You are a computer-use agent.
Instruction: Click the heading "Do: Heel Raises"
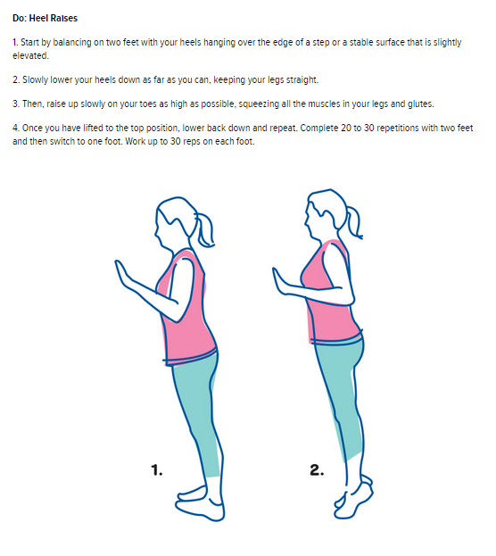pos(45,18)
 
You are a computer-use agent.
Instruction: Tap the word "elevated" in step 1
pos(29,55)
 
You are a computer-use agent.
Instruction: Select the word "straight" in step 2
pos(302,79)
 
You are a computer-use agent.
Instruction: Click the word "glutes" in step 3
pos(420,104)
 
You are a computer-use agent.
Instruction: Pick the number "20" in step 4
pos(345,128)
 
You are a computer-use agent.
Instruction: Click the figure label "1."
pos(157,470)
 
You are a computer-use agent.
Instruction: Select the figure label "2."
pos(317,469)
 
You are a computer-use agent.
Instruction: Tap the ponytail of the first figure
pos(204,229)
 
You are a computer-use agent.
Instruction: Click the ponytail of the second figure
pos(353,222)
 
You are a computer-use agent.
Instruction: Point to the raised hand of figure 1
pos(122,274)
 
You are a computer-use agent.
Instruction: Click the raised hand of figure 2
pos(280,281)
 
